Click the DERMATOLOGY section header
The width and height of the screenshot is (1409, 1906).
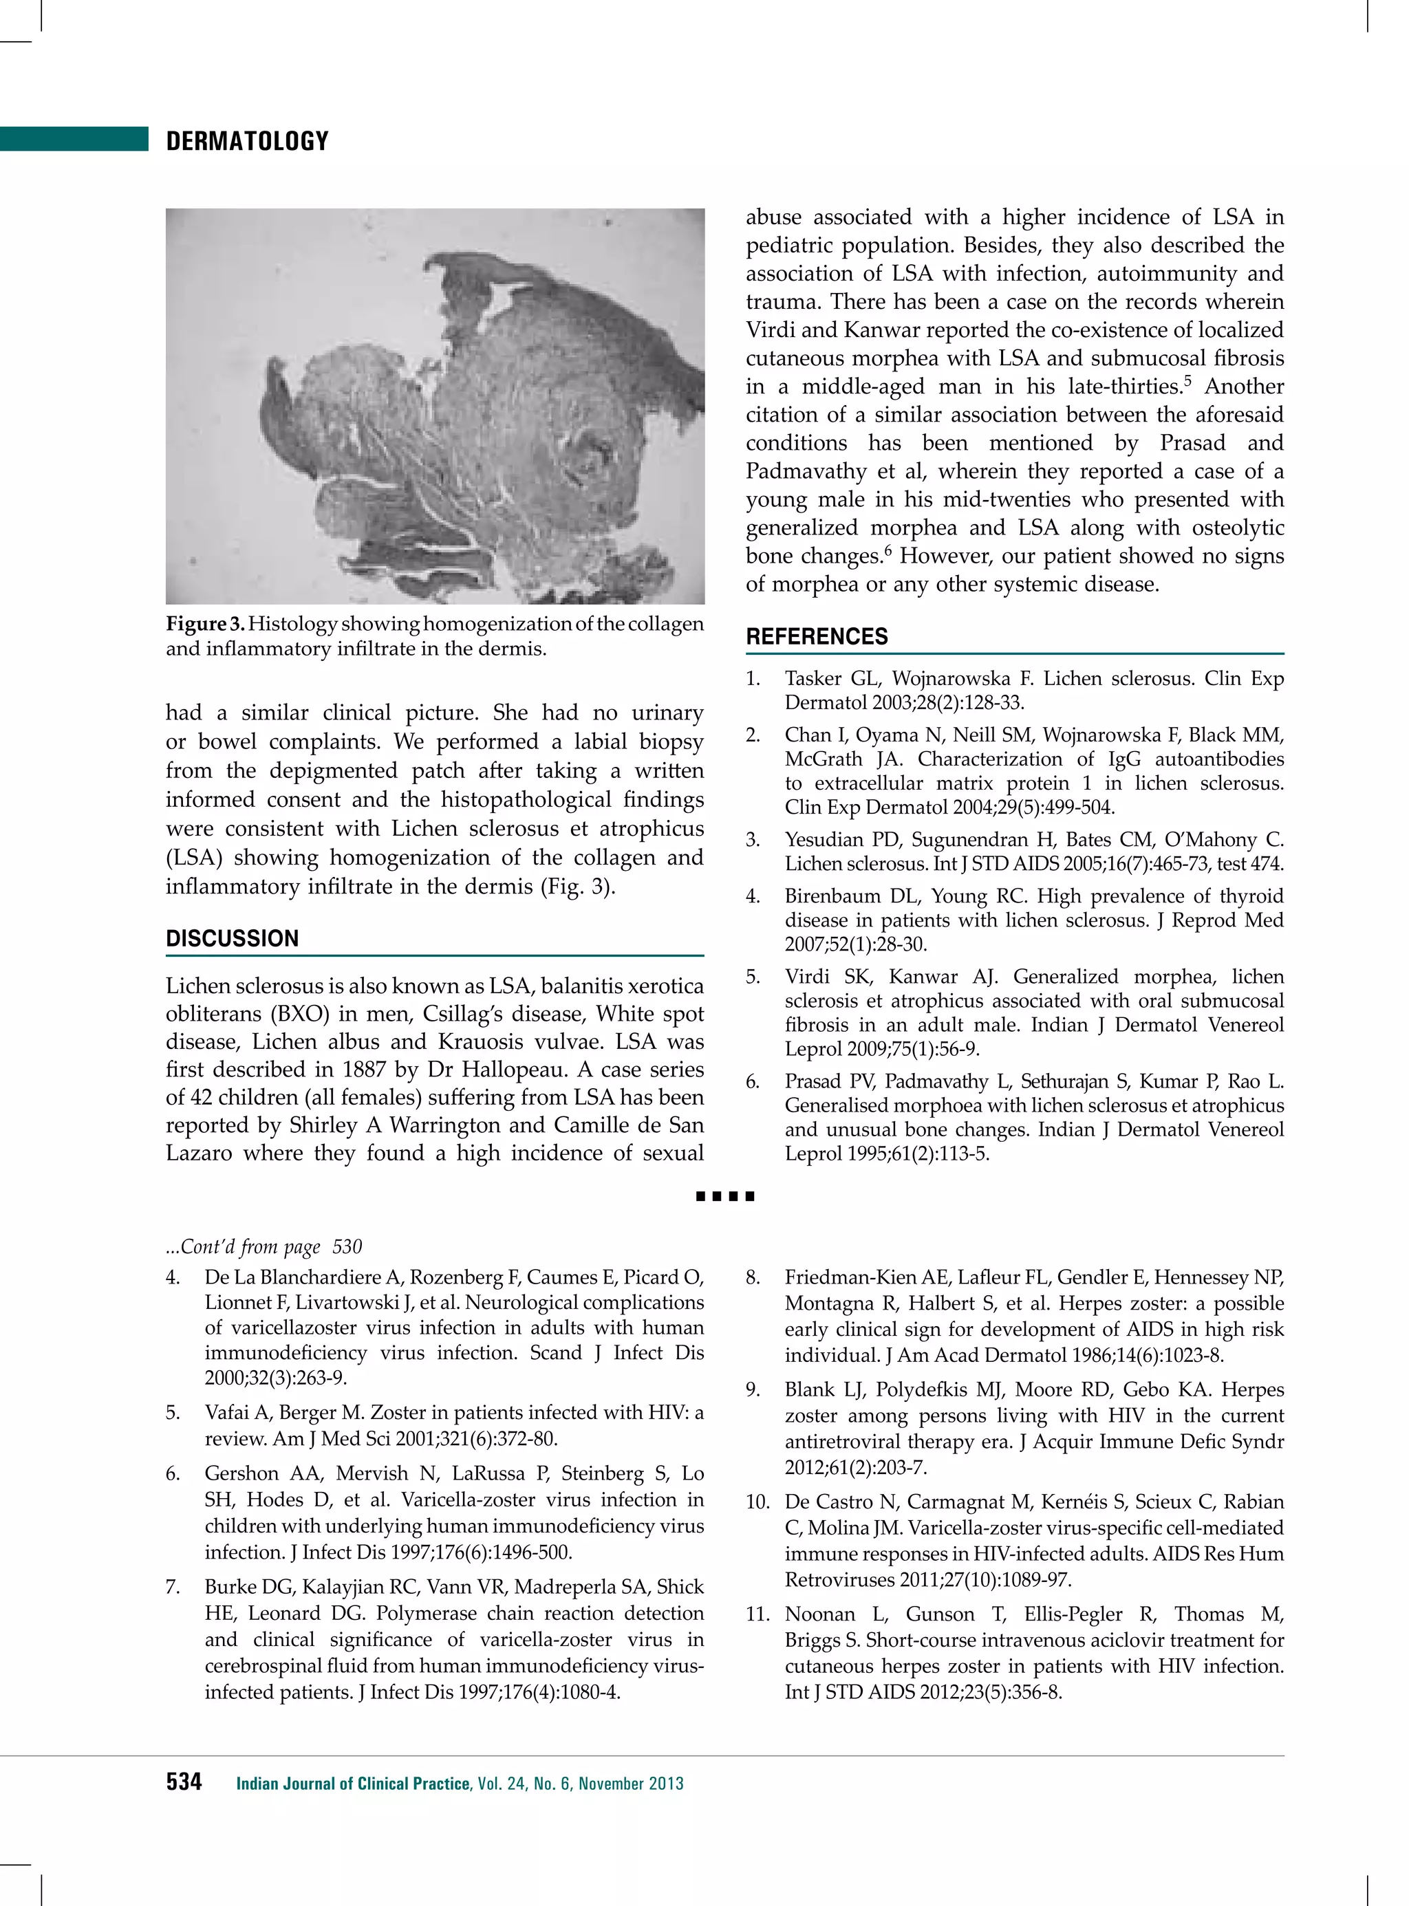[248, 142]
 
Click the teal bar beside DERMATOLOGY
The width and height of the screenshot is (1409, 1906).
[74, 139]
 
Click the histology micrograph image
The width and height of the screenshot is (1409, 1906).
[435, 406]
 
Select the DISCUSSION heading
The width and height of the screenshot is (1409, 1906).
[232, 939]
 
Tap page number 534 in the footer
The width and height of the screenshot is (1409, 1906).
[184, 1782]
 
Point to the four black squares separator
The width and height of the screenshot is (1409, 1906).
[725, 1196]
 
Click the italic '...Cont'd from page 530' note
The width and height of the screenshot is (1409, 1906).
[263, 1247]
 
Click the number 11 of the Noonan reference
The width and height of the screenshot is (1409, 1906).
[757, 1614]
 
